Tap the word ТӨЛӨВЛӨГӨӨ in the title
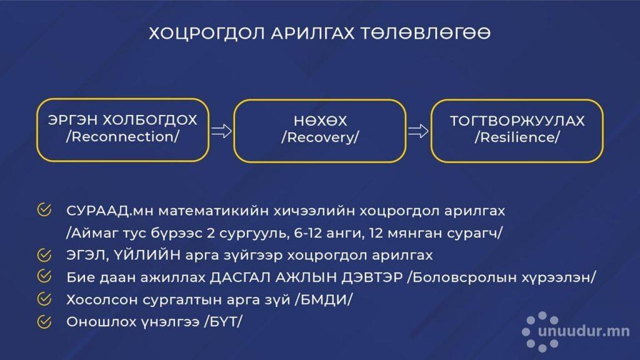click(x=425, y=33)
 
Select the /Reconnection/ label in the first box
click(x=122, y=137)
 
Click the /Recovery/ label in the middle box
click(x=320, y=137)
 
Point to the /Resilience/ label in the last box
click(x=517, y=137)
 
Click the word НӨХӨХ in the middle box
click(x=320, y=121)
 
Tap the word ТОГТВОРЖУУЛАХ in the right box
click(x=517, y=121)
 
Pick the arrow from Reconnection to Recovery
click(x=221, y=131)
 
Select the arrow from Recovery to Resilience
click(x=418, y=131)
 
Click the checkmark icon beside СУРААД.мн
click(x=44, y=210)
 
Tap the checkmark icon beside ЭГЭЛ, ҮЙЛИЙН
click(x=44, y=255)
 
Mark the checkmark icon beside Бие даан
click(x=44, y=276)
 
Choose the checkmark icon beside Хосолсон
click(x=44, y=299)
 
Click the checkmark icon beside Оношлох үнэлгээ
click(x=44, y=322)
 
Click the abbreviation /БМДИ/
click(x=324, y=300)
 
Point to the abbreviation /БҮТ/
click(x=223, y=322)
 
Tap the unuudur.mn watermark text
click(x=584, y=331)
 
